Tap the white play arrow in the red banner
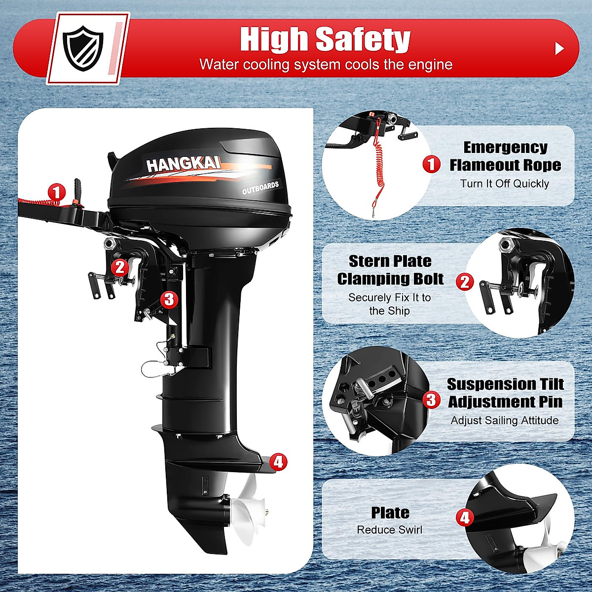[559, 48]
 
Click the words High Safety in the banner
[325, 39]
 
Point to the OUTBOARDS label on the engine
[260, 188]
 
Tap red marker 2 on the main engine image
[119, 267]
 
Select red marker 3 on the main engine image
[169, 299]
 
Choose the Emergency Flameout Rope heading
[505, 156]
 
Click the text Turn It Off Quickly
[504, 184]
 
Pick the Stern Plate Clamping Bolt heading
[390, 270]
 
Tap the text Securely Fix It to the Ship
[390, 304]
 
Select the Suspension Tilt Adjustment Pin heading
[505, 393]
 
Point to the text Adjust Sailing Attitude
[505, 420]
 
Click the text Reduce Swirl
[390, 530]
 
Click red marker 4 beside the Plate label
[464, 518]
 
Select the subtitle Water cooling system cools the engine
[326, 65]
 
